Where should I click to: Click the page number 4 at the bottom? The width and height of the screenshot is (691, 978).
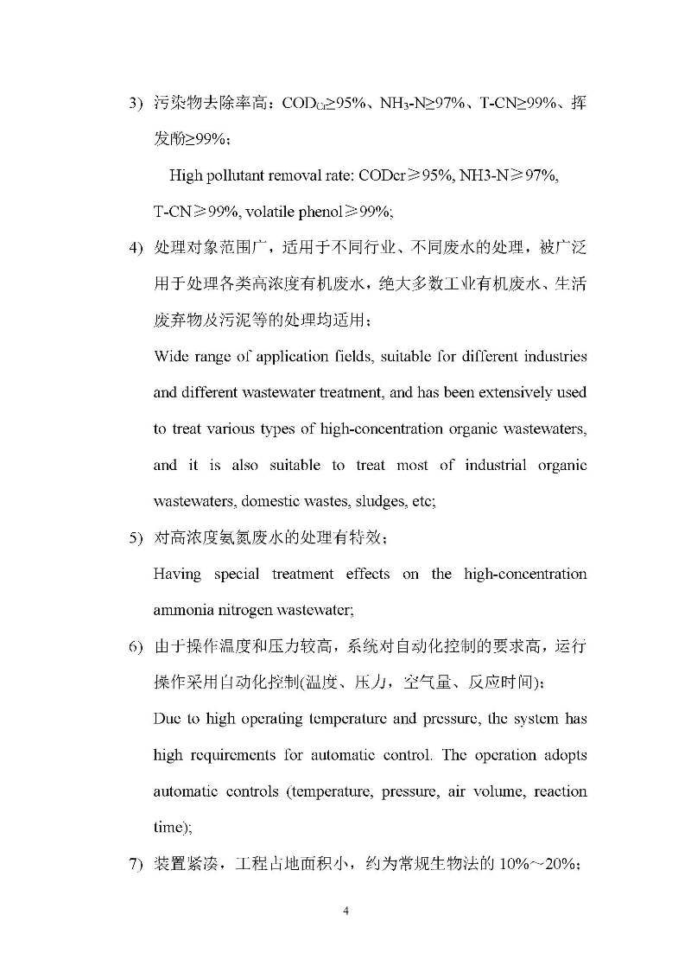point(345,911)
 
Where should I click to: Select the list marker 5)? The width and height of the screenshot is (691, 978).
point(136,538)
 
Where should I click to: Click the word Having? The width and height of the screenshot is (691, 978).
point(176,574)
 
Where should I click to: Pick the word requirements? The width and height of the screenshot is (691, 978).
point(229,755)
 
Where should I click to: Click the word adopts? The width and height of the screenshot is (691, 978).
point(566,755)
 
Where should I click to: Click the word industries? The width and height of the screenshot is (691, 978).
point(556,356)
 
